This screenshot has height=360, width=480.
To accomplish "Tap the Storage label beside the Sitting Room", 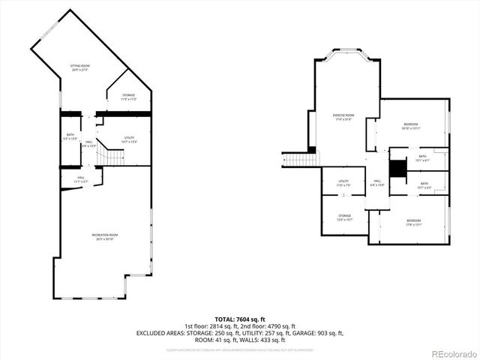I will click(128, 97).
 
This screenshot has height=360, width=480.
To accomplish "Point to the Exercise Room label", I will click(343, 116).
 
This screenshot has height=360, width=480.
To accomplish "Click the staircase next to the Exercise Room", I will click(301, 158).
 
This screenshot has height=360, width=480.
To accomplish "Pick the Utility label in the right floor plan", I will click(343, 183).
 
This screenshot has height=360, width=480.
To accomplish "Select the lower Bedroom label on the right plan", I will click(415, 222).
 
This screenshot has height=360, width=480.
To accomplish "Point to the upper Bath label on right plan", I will click(422, 157).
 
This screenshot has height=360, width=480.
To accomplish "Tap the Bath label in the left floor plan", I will click(70, 136).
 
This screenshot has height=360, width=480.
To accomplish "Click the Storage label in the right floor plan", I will click(344, 217).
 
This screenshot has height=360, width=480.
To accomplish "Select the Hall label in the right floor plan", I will click(377, 183).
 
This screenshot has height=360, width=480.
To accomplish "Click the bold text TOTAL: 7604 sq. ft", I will click(240, 319).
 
